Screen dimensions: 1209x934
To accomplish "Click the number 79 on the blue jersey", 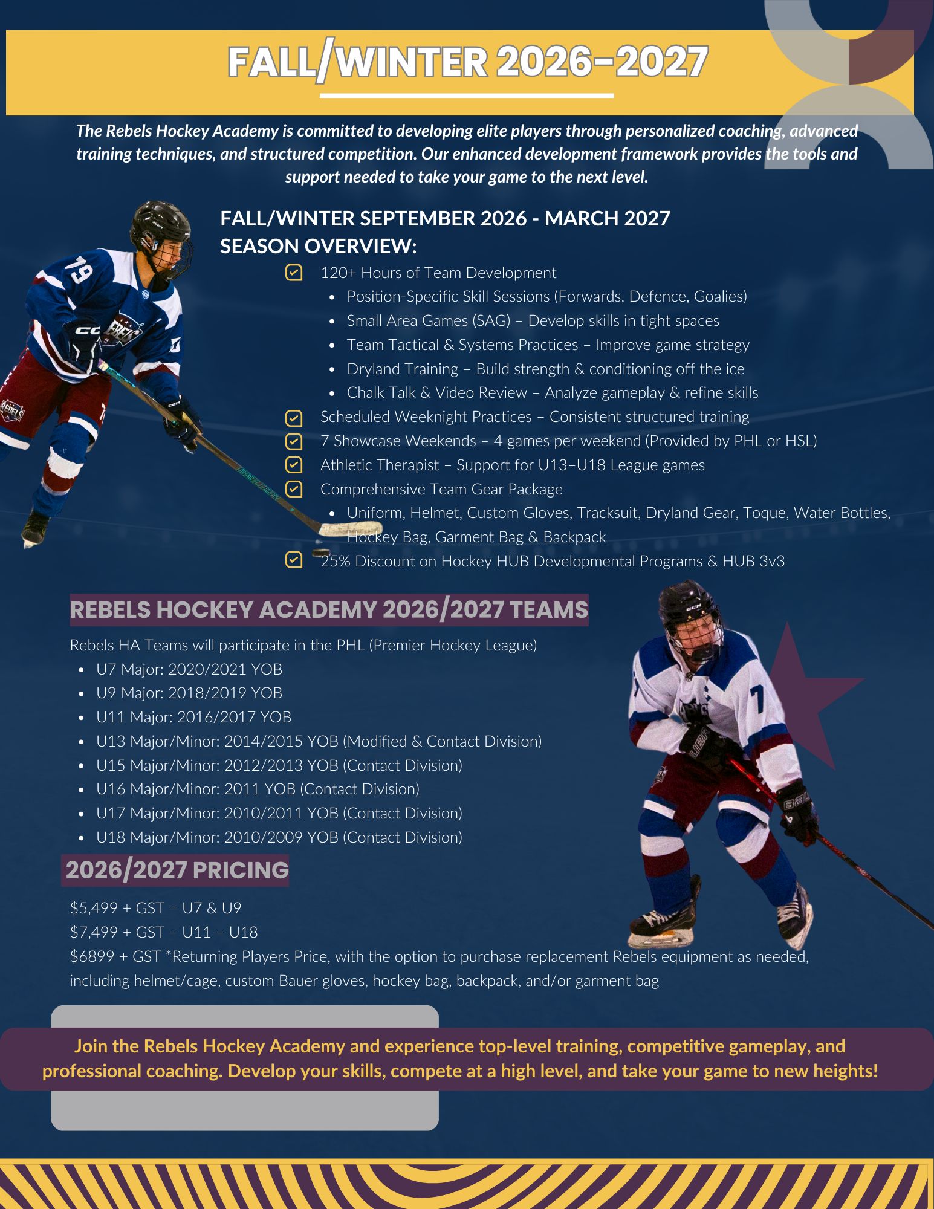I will [78, 270].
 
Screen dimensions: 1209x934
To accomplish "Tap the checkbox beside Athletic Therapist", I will [294, 465].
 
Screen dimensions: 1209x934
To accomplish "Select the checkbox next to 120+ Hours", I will [294, 273].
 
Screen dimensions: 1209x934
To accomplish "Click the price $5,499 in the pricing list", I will [94, 908].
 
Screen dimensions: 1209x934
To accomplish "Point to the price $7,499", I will [94, 932].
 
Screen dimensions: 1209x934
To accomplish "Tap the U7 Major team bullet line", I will [189, 669].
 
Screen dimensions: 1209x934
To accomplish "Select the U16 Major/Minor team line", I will [257, 789].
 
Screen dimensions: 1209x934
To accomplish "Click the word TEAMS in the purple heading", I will [548, 609].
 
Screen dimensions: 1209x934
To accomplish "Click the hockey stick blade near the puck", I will [342, 529].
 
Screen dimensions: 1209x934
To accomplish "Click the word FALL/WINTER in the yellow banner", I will [357, 63].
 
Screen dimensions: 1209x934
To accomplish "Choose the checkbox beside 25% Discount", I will [294, 560].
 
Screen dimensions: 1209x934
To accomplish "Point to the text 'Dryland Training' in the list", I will [402, 369].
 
